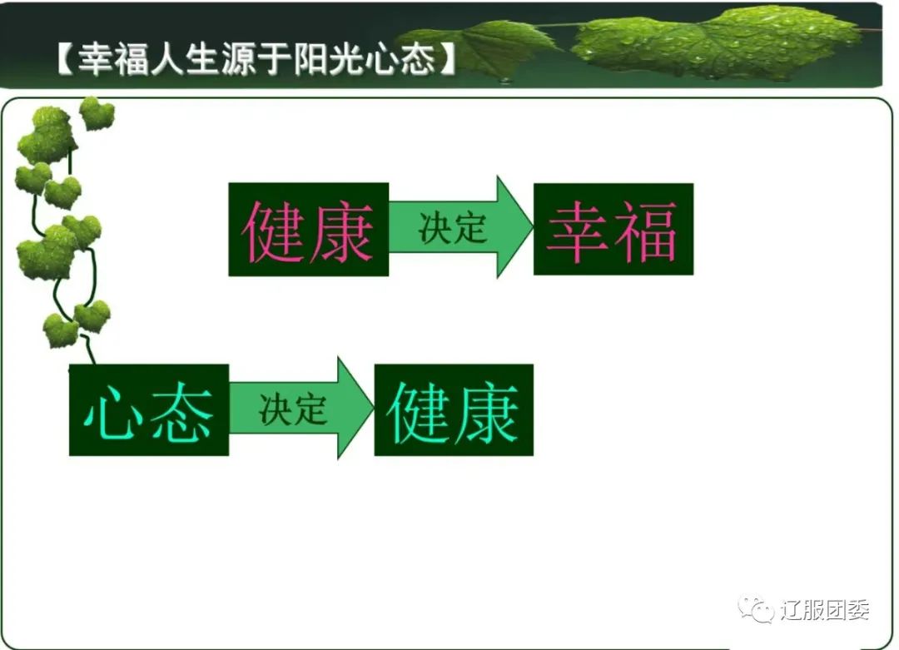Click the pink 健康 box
[x=309, y=229]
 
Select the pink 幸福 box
[x=613, y=229]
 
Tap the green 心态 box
[x=149, y=410]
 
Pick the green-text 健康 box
[x=454, y=410]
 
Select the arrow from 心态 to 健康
[x=301, y=408]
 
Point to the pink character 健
[x=273, y=231]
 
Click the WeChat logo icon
[x=756, y=608]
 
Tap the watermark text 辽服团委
[x=824, y=609]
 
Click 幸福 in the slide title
[x=113, y=59]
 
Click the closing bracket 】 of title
[x=447, y=59]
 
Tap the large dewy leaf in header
[x=717, y=43]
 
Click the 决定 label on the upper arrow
[x=453, y=228]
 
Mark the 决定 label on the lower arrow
[x=293, y=409]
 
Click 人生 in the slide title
[x=185, y=59]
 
